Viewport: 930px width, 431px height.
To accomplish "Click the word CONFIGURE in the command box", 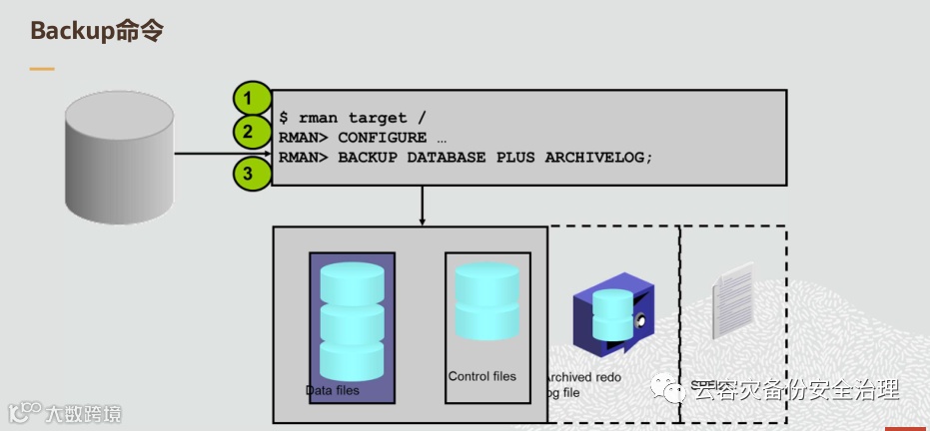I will point(382,138).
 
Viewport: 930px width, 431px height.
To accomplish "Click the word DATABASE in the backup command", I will point(447,158).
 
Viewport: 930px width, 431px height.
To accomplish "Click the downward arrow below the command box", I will point(423,206).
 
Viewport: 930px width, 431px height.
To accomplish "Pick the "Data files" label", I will point(332,390).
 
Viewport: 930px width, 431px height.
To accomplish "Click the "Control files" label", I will point(482,376).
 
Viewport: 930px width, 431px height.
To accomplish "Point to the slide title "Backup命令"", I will point(96,31).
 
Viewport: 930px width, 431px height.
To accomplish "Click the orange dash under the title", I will point(41,69).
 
